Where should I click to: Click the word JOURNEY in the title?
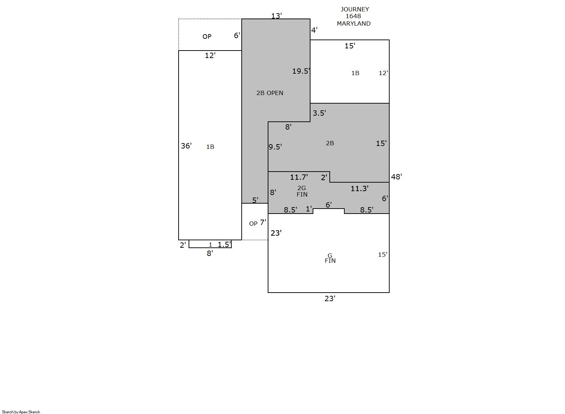355,9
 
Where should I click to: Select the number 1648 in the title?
353,16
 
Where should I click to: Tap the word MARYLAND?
354,23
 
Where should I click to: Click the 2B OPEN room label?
269,93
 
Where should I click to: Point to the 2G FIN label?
302,191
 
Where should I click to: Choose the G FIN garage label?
330,258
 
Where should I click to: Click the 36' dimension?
186,146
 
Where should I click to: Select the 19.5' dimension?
301,71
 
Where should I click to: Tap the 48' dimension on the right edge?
396,177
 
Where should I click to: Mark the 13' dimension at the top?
277,16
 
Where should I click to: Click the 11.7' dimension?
299,177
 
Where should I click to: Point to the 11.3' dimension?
359,188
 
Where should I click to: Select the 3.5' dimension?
319,113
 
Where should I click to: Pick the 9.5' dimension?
275,147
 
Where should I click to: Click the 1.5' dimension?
224,244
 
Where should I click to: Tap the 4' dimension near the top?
314,30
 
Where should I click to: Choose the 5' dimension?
255,200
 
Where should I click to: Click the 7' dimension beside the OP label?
263,222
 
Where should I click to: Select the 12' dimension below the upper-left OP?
210,56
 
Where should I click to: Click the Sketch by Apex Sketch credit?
21,412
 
